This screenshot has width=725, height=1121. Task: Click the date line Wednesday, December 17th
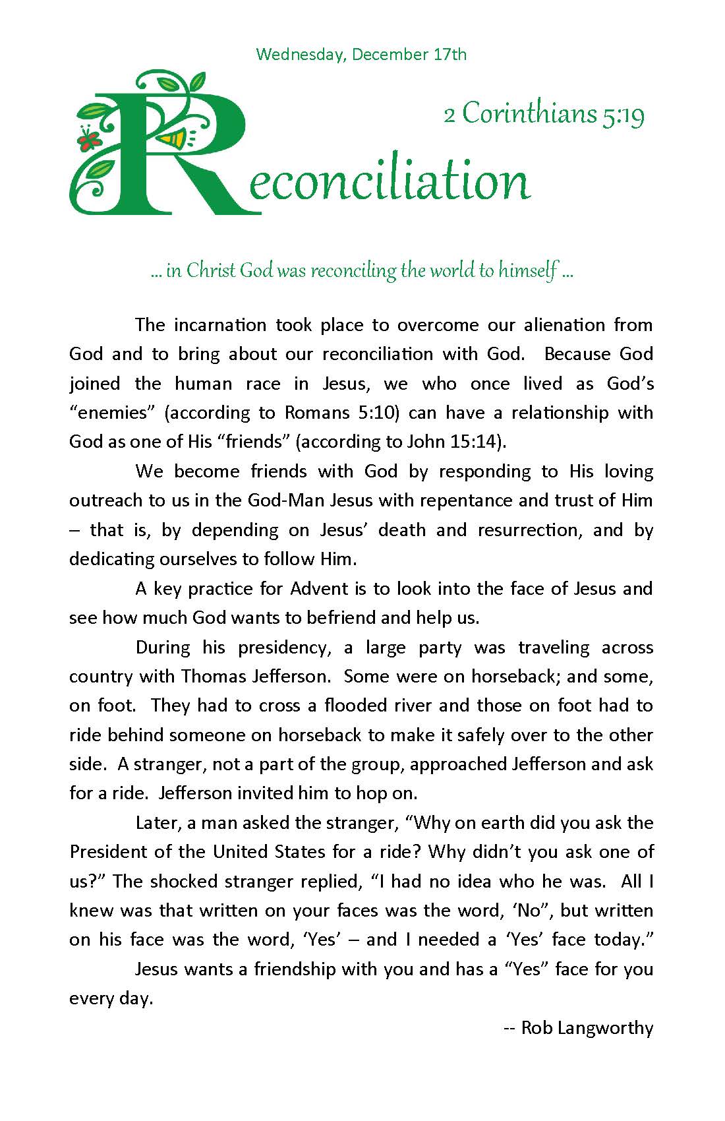pyautogui.click(x=361, y=54)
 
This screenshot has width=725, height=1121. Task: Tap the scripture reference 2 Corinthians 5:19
pyautogui.click(x=544, y=114)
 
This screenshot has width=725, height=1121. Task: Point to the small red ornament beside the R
pyautogui.click(x=88, y=138)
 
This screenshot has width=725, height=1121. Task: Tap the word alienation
pyautogui.click(x=564, y=324)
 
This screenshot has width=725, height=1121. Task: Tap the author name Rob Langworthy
pyautogui.click(x=587, y=1027)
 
